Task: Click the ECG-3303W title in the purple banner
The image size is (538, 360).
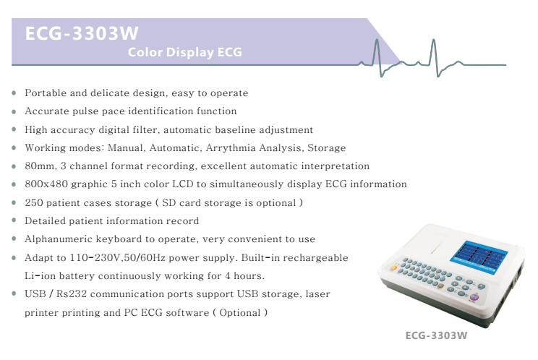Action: [82, 33]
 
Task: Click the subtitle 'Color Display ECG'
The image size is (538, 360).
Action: [185, 52]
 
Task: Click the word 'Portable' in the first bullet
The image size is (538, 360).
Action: [46, 93]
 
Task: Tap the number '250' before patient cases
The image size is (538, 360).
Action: [33, 202]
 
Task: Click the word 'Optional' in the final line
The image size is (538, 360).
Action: [240, 313]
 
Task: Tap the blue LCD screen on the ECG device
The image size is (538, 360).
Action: [479, 257]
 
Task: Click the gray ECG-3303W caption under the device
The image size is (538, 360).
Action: [436, 335]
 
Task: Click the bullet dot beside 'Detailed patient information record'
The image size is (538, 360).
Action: [14, 220]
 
